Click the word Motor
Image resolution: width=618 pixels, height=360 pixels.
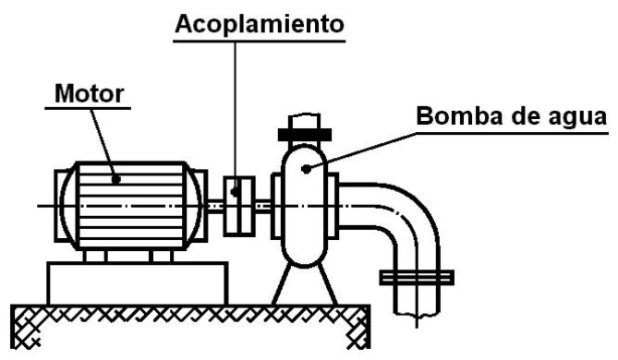(x=89, y=94)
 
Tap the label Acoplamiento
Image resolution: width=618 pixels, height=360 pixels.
(x=260, y=25)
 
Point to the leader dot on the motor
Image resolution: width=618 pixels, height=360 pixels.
(x=115, y=180)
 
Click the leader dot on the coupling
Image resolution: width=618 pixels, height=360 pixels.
(x=235, y=193)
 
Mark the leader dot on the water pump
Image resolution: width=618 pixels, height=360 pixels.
(x=305, y=169)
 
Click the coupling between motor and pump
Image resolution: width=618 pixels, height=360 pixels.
(x=239, y=206)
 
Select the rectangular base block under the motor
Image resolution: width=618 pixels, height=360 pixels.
(x=138, y=283)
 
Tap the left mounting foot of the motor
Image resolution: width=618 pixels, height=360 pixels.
(x=95, y=256)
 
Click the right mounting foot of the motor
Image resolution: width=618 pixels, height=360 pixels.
(x=162, y=256)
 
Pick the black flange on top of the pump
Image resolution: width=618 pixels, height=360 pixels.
(x=304, y=135)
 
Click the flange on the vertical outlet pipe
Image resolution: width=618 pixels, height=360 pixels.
(x=417, y=278)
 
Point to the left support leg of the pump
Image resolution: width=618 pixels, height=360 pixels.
(x=282, y=284)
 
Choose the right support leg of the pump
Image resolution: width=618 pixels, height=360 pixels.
(x=327, y=284)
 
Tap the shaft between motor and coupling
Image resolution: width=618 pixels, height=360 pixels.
(x=212, y=207)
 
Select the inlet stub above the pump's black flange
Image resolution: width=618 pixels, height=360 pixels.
(x=304, y=121)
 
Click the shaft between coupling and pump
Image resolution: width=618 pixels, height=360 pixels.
(x=263, y=207)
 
